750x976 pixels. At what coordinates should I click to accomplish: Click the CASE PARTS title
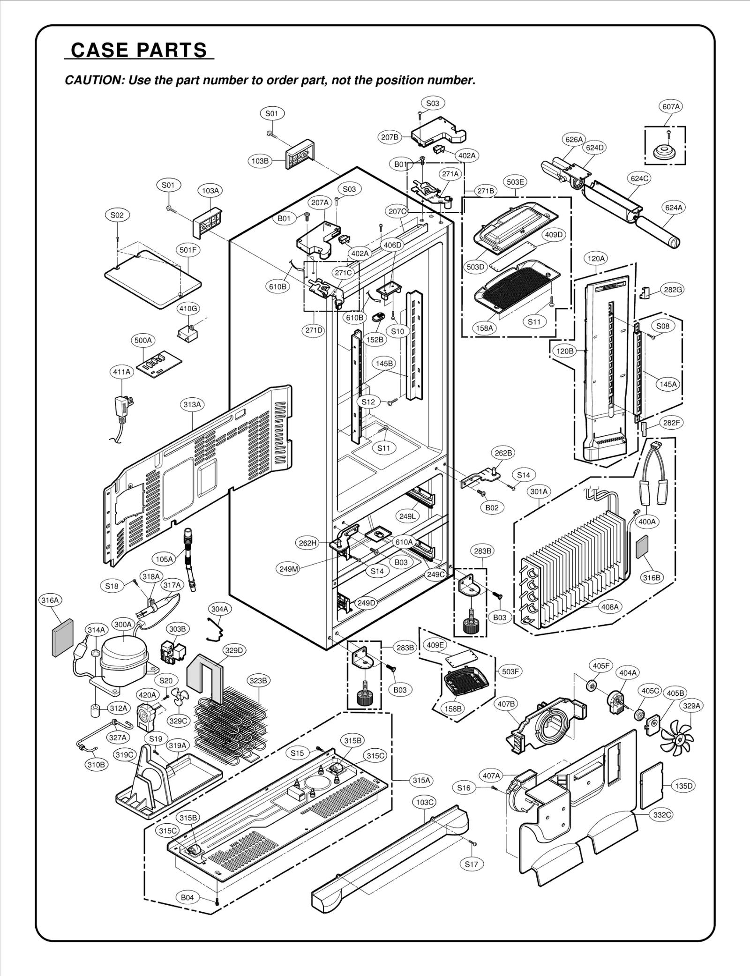click(x=139, y=50)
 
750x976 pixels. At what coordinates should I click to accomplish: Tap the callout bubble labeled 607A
click(x=671, y=107)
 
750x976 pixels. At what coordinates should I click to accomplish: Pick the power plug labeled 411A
click(x=123, y=407)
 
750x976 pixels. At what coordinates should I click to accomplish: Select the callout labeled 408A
click(x=610, y=607)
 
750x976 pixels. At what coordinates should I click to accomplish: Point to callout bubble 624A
click(x=674, y=208)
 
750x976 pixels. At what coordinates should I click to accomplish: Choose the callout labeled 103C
click(x=425, y=803)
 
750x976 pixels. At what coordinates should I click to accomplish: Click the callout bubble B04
click(x=187, y=898)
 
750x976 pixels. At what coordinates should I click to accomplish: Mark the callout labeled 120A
click(x=596, y=258)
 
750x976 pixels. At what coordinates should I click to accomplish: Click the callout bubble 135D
click(x=684, y=786)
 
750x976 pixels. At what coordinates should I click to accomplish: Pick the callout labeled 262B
click(x=503, y=453)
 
